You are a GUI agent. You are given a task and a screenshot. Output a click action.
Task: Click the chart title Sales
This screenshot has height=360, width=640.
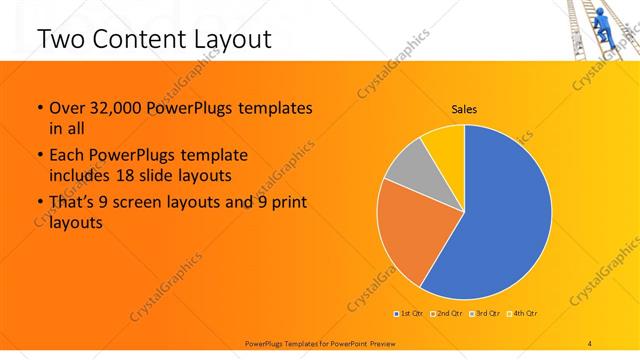click(x=464, y=108)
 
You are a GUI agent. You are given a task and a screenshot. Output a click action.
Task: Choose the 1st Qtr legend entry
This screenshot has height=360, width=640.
click(x=410, y=314)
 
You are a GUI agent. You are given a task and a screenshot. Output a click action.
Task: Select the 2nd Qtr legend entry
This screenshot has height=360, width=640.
click(x=447, y=314)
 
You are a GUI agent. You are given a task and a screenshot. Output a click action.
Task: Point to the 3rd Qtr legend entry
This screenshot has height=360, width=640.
click(x=486, y=314)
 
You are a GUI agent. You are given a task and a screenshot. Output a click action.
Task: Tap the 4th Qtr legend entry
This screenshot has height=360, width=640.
click(x=523, y=314)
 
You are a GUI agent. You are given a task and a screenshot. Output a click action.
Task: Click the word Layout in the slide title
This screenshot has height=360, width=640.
click(x=232, y=39)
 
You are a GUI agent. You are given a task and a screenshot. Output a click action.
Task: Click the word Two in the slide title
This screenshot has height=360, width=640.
click(x=59, y=39)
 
